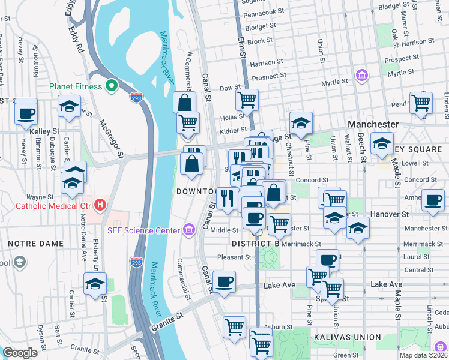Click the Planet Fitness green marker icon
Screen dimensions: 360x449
111,86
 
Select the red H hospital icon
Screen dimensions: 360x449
101,205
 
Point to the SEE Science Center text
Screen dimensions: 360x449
143,230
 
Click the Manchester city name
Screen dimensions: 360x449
373,124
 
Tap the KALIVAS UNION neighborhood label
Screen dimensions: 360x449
347,338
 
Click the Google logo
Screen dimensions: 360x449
20,353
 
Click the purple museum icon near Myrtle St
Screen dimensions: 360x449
361,76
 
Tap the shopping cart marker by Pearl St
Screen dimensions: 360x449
421,103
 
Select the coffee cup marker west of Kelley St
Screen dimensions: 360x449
26,112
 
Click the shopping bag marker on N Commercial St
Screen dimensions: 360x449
185,103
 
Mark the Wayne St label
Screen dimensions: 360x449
40,197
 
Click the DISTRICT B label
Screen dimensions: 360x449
256,244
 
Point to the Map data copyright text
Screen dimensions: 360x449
423,355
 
